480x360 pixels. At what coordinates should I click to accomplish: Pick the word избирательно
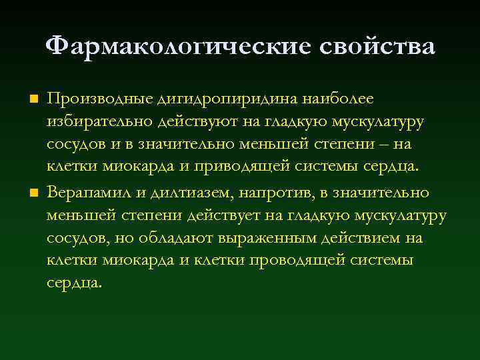click(99, 122)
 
